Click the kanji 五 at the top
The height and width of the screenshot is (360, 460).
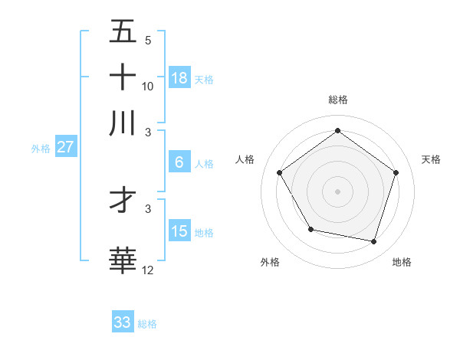point(123,31)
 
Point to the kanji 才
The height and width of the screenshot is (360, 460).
point(123,201)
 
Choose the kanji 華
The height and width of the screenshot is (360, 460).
point(123,260)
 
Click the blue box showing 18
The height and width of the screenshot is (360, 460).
point(179,78)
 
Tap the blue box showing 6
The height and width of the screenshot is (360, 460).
point(179,162)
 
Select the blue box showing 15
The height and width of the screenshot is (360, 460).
point(179,231)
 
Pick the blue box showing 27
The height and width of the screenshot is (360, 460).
point(65,147)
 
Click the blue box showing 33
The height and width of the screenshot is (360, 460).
point(123,322)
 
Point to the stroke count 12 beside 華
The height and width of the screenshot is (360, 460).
point(148,270)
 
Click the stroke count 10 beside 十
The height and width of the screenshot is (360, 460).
point(148,87)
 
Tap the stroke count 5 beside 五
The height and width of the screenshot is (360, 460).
point(148,41)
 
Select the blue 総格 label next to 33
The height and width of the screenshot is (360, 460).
point(147,324)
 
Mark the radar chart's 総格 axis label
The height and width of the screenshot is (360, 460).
point(337,100)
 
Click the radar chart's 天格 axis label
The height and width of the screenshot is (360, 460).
point(431,159)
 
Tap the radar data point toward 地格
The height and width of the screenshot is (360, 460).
point(373,241)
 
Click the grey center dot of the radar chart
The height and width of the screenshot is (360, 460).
point(337,191)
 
